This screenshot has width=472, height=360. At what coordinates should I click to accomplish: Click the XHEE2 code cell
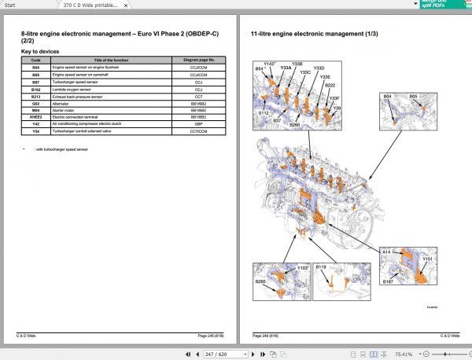pos(35,117)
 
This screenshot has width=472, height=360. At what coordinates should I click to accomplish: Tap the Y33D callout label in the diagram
pos(319,69)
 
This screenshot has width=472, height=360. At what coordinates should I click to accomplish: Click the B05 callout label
pos(413,96)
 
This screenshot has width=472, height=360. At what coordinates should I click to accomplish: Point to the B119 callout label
pos(321,269)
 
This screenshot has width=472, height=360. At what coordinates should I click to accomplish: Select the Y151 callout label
pos(428,258)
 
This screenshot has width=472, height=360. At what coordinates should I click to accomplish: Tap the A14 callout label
pos(386,252)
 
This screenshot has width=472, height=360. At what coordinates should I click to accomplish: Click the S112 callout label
pos(264,112)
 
